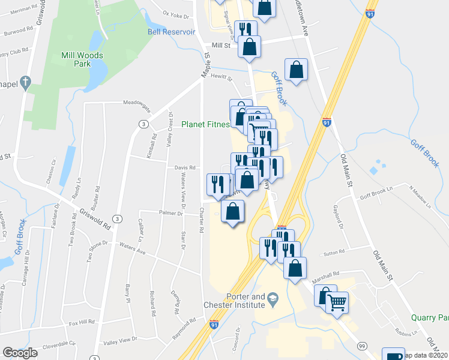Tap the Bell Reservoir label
(171, 32)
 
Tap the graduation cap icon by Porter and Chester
(272, 298)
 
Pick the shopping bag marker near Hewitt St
(296, 70)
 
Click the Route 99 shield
(361, 346)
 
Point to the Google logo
(20, 353)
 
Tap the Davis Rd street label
(185, 168)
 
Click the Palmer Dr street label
(170, 213)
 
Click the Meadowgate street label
(137, 103)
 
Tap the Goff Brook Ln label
(376, 196)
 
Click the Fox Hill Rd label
(82, 323)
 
